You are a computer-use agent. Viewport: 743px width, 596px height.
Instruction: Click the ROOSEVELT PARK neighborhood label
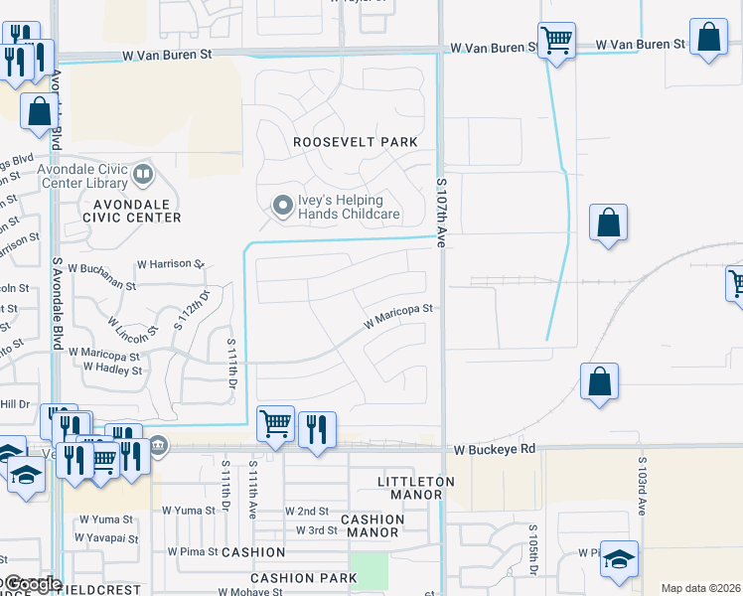tap(356, 142)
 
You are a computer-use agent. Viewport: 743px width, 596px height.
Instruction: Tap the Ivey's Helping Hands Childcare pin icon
tap(283, 206)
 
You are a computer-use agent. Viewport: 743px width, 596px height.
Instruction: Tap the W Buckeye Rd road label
tap(495, 450)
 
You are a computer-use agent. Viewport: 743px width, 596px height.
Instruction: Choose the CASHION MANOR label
tap(372, 525)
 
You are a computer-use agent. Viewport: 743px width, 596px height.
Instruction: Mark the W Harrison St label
tap(170, 265)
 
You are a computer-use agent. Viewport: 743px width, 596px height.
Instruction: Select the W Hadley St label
tap(112, 369)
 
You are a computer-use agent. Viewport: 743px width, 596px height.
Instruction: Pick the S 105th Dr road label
tap(533, 552)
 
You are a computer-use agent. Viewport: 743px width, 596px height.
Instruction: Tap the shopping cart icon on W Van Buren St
tap(556, 42)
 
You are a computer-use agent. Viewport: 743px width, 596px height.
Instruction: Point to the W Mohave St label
tap(251, 591)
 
